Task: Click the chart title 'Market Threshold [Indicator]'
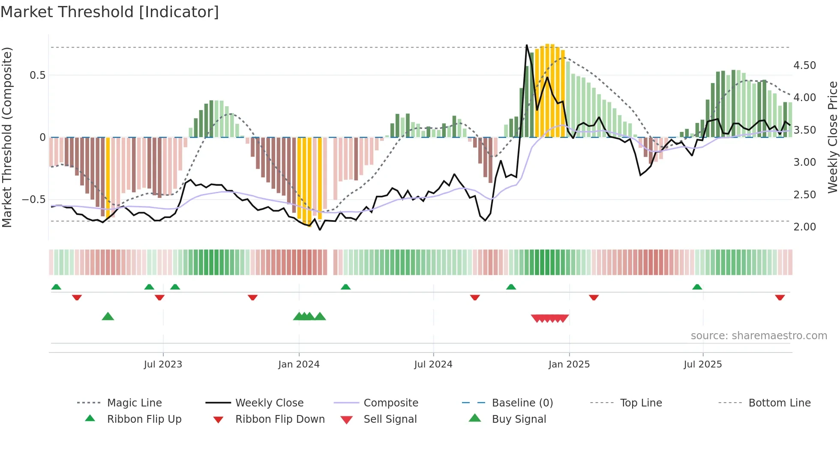coord(110,12)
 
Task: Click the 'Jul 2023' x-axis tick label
coord(163,364)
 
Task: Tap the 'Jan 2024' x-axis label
coord(299,364)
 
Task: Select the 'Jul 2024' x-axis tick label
coord(433,364)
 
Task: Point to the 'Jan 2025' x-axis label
coord(569,364)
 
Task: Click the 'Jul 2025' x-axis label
coord(703,364)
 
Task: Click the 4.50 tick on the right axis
coord(804,66)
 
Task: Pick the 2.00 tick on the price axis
coord(804,227)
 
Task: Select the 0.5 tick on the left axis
coord(37,75)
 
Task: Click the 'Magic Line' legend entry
coord(134,403)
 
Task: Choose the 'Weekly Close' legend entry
coord(269,403)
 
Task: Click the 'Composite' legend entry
coord(391,403)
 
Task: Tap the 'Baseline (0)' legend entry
coord(522,403)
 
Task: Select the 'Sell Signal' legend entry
coord(390,419)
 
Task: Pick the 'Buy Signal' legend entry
coord(519,419)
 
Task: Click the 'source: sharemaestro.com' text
coord(759,336)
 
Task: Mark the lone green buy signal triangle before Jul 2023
coord(108,317)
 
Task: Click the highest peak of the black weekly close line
coord(527,45)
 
